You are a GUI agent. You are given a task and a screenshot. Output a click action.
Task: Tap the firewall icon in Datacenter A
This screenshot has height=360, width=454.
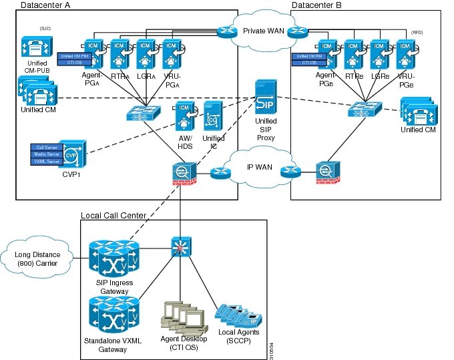(x=181, y=172)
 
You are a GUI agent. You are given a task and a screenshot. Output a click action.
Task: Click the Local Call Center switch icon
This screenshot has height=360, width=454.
(x=180, y=246)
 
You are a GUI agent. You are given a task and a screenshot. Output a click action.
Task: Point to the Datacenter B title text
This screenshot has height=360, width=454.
(x=318, y=5)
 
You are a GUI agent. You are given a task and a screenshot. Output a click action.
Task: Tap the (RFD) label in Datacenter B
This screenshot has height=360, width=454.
(x=417, y=32)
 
